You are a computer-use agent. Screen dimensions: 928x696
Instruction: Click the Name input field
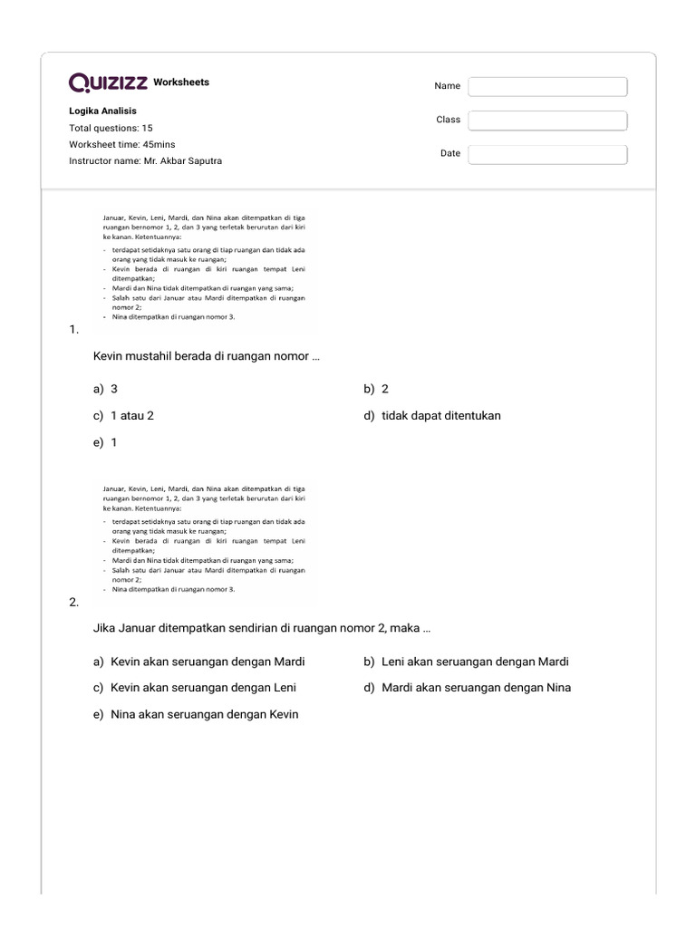click(x=547, y=86)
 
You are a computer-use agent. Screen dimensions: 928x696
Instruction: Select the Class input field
click(x=547, y=121)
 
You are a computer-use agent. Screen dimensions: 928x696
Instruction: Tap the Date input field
click(x=547, y=154)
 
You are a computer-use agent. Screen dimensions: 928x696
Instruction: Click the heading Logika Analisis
click(x=103, y=111)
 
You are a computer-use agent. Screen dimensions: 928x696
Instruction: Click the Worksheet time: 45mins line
click(x=122, y=144)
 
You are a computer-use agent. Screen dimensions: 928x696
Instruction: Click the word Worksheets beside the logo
click(x=181, y=82)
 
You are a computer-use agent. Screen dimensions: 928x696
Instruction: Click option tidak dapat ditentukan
click(x=440, y=416)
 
